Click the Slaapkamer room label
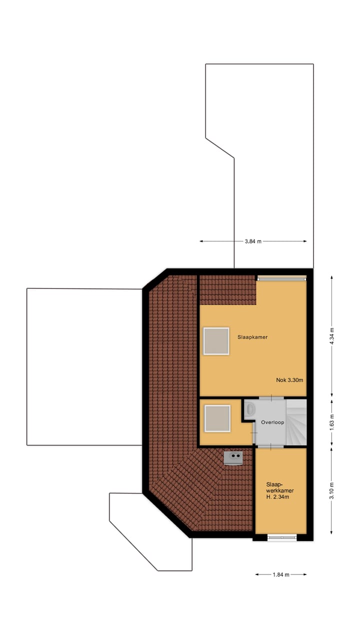(252, 337)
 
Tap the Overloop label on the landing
(272, 422)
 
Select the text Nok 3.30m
(289, 380)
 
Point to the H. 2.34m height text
(278, 497)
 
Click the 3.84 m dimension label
(253, 241)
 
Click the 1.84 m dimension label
(281, 574)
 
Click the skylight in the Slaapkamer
(216, 341)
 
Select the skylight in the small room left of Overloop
(217, 418)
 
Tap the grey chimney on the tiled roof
(233, 457)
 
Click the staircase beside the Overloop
(295, 421)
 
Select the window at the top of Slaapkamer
(280, 278)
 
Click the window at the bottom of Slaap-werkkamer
(281, 537)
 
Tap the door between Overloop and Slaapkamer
(270, 398)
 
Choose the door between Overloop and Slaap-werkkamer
(270, 444)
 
